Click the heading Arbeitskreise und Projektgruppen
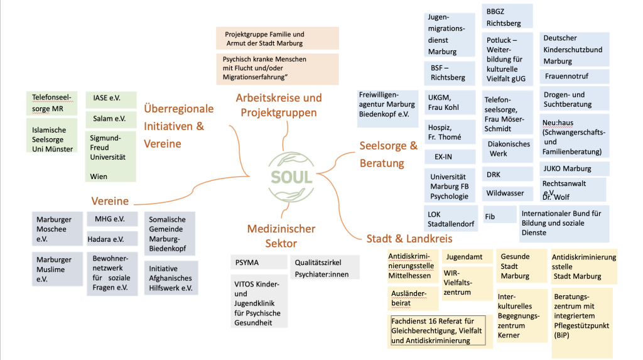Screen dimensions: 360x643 (x=278, y=105)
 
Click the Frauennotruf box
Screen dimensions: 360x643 (x=574, y=77)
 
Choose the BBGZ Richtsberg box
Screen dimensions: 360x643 (x=507, y=16)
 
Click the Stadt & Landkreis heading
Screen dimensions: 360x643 (x=409, y=238)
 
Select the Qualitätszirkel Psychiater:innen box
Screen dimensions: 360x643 (x=325, y=267)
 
